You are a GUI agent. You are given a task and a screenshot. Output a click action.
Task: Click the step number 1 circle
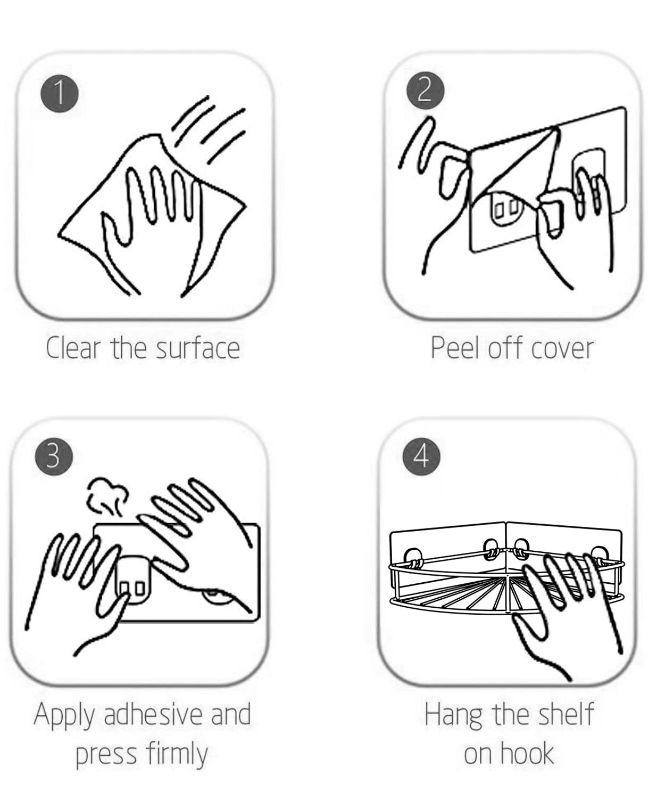click(60, 93)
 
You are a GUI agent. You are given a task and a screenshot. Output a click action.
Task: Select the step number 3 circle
click(54, 456)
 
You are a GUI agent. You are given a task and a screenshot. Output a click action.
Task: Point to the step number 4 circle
click(421, 456)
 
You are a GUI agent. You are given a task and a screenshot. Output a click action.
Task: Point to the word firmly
click(177, 754)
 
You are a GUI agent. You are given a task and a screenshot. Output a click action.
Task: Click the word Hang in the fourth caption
click(453, 715)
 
